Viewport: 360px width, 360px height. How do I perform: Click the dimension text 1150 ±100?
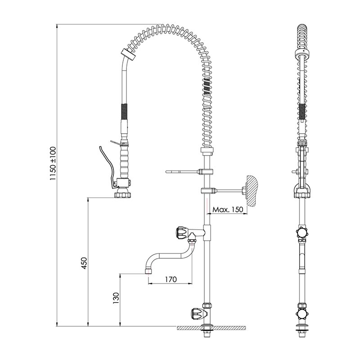pyautogui.click(x=53, y=163)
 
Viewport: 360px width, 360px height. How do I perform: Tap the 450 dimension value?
pyautogui.click(x=84, y=263)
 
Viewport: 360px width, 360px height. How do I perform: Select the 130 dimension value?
pyautogui.click(x=116, y=298)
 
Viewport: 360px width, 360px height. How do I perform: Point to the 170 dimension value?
pyautogui.click(x=171, y=279)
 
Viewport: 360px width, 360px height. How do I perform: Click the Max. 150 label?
pyautogui.click(x=228, y=209)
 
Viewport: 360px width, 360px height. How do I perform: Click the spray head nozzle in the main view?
pyautogui.click(x=122, y=193)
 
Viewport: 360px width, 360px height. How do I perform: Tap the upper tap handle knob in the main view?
pyautogui.click(x=182, y=232)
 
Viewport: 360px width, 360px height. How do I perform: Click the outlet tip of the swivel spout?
pyautogui.click(x=148, y=271)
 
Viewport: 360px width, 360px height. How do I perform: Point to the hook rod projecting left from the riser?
pyautogui.click(x=182, y=171)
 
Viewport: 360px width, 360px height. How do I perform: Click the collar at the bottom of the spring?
pyautogui.click(x=207, y=150)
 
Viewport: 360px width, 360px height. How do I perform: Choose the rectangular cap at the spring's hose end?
pyautogui.click(x=128, y=55)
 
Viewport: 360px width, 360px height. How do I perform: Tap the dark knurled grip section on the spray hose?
pyautogui.click(x=124, y=111)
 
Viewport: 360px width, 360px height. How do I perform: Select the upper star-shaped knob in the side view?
pyautogui.click(x=302, y=232)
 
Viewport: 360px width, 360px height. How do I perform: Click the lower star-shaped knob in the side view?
pyautogui.click(x=302, y=314)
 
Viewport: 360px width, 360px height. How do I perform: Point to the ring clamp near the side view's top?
pyautogui.click(x=302, y=53)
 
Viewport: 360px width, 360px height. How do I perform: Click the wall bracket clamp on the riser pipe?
pyautogui.click(x=207, y=190)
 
